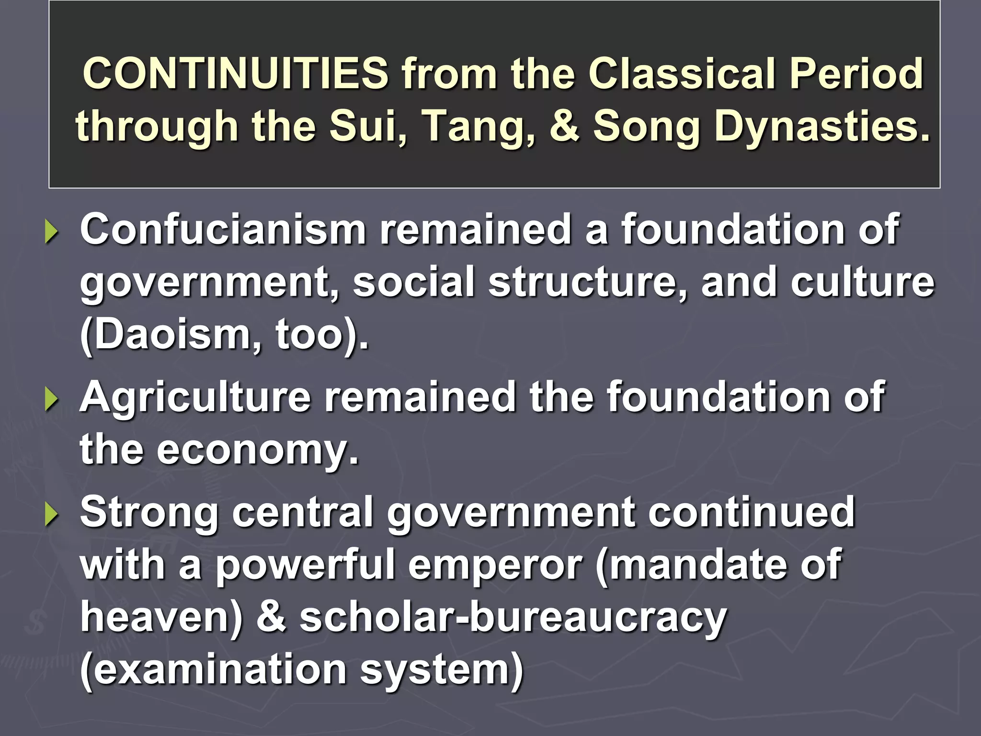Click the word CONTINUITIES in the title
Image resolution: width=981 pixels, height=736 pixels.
[x=236, y=73]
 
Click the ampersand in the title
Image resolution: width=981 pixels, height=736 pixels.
[x=564, y=126]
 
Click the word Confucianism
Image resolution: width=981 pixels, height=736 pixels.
[x=223, y=230]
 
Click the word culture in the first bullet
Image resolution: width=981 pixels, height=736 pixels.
[x=862, y=282]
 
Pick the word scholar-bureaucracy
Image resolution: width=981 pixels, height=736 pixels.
[x=513, y=618]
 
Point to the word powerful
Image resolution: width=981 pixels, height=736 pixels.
[x=305, y=566]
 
